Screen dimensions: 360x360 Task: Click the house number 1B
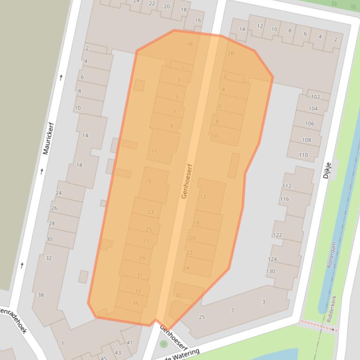click(x=190, y=45)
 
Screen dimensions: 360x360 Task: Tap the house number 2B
click(x=231, y=53)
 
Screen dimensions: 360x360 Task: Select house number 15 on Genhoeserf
click(x=154, y=151)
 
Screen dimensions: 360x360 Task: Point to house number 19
click(x=148, y=181)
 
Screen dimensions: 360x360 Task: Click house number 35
click(x=135, y=303)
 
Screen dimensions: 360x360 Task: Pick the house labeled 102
click(x=316, y=97)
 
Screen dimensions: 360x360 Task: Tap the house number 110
click(x=303, y=155)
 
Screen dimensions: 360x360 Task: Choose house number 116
click(x=284, y=199)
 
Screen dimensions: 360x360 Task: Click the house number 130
click(x=271, y=271)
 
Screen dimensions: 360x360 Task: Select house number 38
click(x=41, y=295)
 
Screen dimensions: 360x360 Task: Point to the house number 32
click(x=49, y=258)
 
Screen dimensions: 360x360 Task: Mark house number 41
click(x=130, y=342)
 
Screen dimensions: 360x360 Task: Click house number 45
click(x=104, y=358)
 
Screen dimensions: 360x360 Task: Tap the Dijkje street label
click(x=327, y=170)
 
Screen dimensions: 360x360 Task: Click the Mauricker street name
click(x=48, y=138)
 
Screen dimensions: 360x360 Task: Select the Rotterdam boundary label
click(x=331, y=255)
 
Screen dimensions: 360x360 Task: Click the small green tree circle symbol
click(x=163, y=344)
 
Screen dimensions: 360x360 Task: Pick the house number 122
click(x=278, y=235)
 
